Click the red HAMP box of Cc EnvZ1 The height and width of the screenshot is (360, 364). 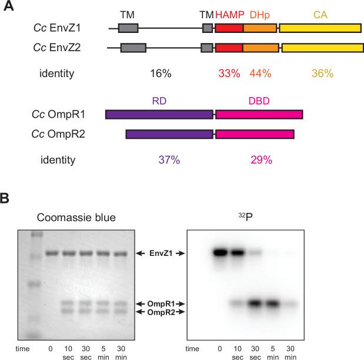click(229, 28)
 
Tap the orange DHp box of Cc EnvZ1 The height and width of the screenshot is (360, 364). click(259, 28)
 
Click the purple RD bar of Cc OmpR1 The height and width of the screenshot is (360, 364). click(159, 114)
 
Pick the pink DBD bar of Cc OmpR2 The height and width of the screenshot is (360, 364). click(255, 135)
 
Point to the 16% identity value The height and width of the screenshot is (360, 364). click(159, 74)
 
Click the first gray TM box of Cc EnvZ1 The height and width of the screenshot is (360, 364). click(128, 28)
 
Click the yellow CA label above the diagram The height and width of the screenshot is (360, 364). click(320, 13)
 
